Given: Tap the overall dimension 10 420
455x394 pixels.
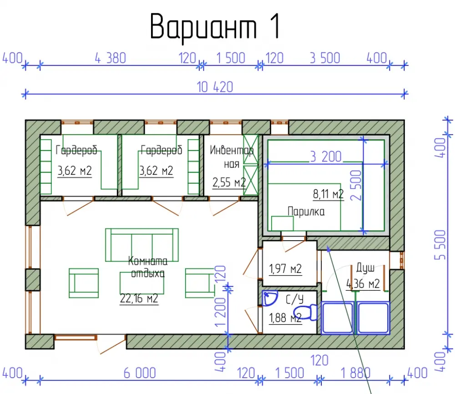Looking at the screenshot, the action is [x=215, y=87].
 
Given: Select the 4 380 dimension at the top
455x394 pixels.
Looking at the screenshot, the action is [x=110, y=58].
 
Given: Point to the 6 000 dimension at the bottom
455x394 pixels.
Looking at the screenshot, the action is [x=140, y=373].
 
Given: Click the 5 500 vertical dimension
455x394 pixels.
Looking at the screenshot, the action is [x=440, y=245].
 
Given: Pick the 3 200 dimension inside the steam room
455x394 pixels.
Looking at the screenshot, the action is [x=326, y=157].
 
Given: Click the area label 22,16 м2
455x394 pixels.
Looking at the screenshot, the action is [x=139, y=298].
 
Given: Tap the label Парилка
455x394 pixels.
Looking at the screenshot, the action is [x=306, y=212].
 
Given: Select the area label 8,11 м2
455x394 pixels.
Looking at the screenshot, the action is [x=328, y=194].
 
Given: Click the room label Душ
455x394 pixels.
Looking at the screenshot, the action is [x=365, y=268].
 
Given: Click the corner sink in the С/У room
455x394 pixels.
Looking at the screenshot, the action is [x=269, y=298].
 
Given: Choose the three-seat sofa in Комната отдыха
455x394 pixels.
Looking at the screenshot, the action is [x=142, y=245].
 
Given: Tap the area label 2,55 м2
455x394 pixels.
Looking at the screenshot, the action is [x=229, y=182].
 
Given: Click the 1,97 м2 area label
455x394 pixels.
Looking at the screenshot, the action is [x=285, y=269].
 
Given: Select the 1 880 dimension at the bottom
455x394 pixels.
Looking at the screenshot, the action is [x=356, y=373].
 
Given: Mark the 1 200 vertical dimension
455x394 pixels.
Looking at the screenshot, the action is [x=220, y=312].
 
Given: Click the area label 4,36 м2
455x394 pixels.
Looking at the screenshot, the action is [x=363, y=284].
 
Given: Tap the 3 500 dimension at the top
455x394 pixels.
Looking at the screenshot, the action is [x=325, y=58].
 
